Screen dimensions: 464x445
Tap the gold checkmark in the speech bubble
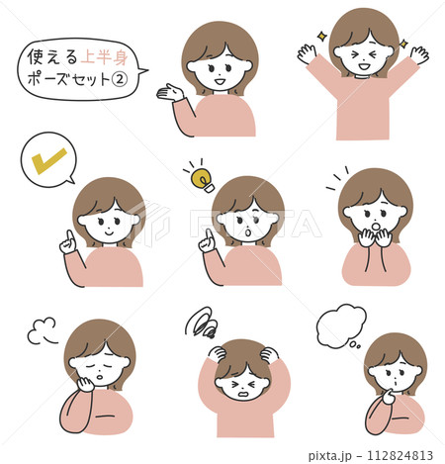pyautogui.click(x=47, y=159)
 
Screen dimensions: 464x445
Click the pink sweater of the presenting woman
pyautogui.click(x=222, y=117)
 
